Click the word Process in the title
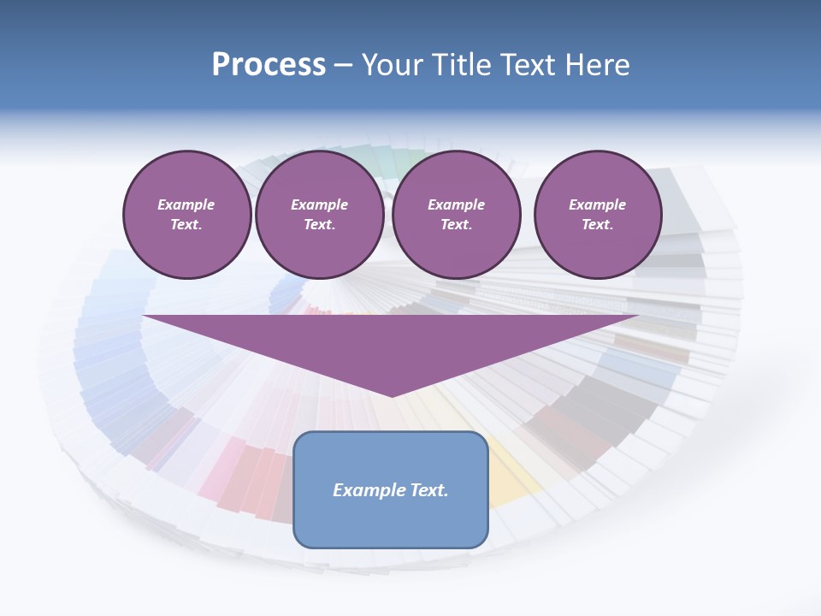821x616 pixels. [269, 65]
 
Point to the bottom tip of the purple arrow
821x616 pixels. [392, 394]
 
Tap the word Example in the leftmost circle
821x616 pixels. [186, 204]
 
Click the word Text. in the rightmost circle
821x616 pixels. [597, 224]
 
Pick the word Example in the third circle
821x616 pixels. [456, 204]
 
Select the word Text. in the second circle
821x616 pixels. [319, 224]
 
